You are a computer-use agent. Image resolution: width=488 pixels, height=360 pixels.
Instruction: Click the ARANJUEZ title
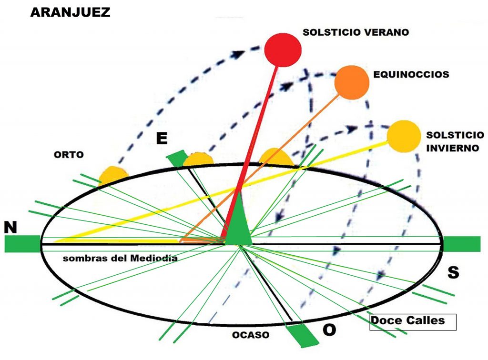(x=70, y=12)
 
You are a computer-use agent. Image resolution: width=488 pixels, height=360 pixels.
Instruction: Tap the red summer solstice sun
(x=284, y=50)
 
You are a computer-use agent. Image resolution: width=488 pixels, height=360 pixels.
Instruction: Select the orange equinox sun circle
(x=352, y=83)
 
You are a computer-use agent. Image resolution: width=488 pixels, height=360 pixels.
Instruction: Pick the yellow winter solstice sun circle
(x=403, y=136)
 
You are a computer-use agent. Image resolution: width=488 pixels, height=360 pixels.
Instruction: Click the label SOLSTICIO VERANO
(x=356, y=32)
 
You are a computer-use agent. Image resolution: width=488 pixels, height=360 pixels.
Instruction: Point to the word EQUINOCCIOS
(x=411, y=75)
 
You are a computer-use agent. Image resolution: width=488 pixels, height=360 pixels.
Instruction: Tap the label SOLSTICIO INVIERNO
(x=452, y=141)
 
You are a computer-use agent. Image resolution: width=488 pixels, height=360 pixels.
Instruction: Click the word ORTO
(x=69, y=154)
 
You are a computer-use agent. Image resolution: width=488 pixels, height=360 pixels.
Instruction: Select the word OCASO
(x=251, y=335)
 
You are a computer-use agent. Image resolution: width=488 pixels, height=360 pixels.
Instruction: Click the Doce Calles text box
(x=413, y=321)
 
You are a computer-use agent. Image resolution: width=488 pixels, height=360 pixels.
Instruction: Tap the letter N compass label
(x=10, y=228)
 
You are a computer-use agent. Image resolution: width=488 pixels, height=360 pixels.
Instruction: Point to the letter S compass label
(x=453, y=273)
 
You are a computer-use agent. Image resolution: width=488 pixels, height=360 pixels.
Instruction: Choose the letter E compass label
(x=162, y=139)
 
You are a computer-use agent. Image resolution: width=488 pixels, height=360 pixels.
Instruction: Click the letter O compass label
(x=329, y=330)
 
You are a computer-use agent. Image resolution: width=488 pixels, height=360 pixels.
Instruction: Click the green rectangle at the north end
(x=22, y=243)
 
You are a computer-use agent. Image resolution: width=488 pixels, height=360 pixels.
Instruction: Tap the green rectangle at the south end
(x=461, y=243)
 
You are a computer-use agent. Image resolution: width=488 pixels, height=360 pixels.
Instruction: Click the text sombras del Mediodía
(x=120, y=259)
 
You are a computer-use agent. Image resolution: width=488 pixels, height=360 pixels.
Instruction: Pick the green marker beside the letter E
(x=177, y=159)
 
